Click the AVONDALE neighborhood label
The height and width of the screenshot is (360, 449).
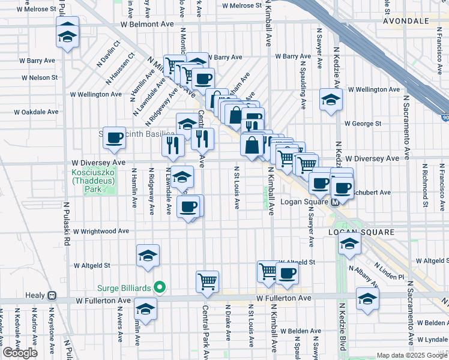406,20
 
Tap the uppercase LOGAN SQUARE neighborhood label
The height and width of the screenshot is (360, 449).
361,232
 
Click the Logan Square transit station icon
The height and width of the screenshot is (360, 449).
336,202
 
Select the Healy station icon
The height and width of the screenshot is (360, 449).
52,296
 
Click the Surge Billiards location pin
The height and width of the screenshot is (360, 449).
159,288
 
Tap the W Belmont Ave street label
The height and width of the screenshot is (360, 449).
146,25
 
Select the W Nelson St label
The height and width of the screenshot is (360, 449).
40,77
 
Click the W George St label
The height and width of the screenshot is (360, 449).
363,124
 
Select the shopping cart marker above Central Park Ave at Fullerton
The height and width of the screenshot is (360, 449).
207,281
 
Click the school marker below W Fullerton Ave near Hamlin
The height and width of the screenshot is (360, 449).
145,309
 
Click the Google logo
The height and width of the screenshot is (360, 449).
20,353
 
